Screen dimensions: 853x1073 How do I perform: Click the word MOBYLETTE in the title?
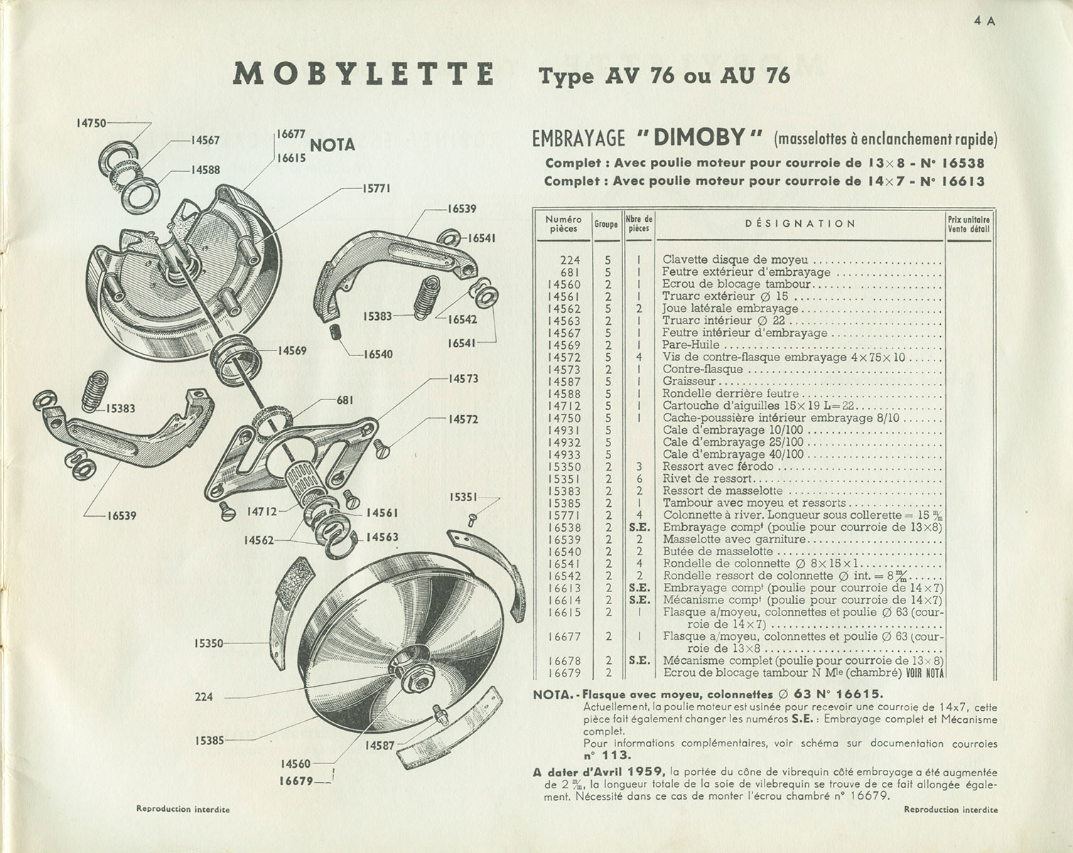[363, 75]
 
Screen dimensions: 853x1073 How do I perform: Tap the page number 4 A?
[985, 21]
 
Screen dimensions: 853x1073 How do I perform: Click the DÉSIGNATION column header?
[800, 224]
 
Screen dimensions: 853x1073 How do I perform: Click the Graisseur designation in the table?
[679, 381]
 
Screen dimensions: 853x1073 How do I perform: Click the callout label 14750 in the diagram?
[90, 123]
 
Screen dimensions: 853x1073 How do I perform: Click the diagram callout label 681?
[345, 401]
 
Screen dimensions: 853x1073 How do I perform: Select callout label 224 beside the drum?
[204, 697]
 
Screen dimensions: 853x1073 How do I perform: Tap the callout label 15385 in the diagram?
[209, 740]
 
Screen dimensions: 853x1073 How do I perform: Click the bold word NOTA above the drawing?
[333, 145]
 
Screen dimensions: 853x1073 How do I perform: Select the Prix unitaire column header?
[968, 224]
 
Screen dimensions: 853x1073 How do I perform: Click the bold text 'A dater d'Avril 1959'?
[599, 771]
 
